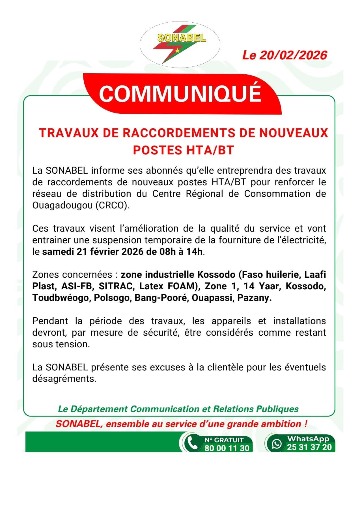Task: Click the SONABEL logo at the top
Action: pos(180,45)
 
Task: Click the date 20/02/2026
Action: pos(293,55)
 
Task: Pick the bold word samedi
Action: pos(58,251)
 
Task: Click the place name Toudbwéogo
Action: pos(60,298)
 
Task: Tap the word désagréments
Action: pos(64,379)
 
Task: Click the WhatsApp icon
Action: pos(277,443)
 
